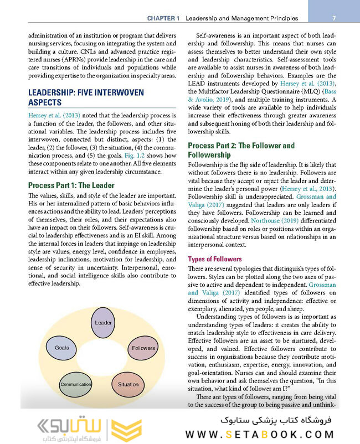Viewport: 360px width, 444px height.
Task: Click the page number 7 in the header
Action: point(342,18)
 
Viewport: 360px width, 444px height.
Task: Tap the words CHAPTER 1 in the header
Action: point(163,18)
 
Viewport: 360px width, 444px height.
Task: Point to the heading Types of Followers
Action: point(215,259)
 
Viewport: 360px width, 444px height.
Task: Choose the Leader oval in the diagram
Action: point(103,322)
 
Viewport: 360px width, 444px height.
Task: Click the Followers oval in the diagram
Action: point(143,348)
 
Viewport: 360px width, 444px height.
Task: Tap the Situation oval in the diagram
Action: point(128,384)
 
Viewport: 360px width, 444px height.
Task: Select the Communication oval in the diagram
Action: point(76,384)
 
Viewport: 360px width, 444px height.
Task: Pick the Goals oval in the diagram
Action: point(62,348)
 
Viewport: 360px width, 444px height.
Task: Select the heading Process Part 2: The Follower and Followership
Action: point(241,150)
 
